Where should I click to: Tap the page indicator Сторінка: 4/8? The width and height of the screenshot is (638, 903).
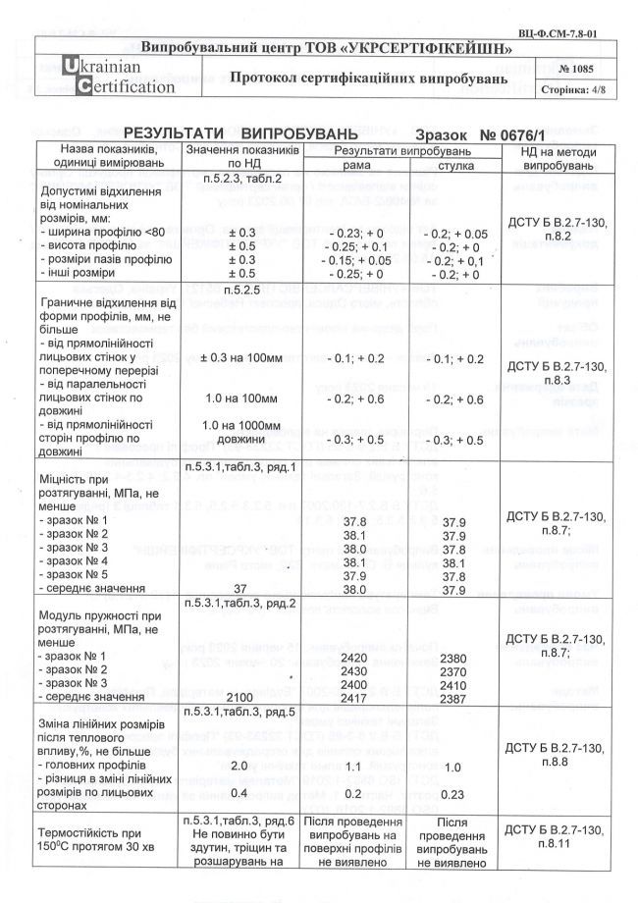[x=577, y=89]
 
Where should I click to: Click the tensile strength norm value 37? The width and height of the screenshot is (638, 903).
[x=239, y=589]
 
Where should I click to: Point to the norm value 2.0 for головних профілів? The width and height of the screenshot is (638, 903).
[x=239, y=765]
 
